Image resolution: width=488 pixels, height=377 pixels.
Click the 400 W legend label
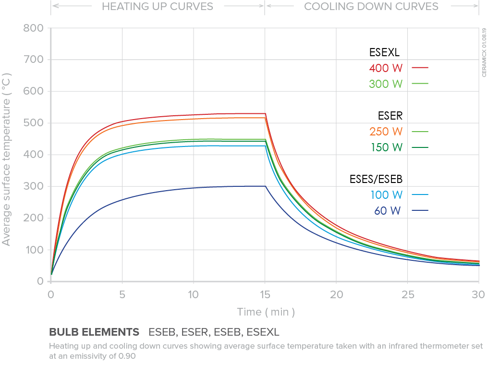click(386, 68)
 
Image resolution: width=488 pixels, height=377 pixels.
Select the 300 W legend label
click(386, 84)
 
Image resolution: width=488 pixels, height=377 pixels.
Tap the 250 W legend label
click(386, 131)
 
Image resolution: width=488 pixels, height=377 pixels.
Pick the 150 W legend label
click(386, 147)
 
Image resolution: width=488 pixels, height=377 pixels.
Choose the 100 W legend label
click(386, 195)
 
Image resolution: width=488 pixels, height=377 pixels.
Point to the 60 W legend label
click(388, 210)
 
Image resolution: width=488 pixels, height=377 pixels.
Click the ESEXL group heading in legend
click(384, 52)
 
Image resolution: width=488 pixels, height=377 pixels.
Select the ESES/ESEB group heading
click(376, 179)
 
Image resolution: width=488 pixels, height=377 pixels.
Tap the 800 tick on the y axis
click(33, 28)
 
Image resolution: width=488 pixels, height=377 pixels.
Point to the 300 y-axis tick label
click(33, 186)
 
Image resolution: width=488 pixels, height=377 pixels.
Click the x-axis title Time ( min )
click(266, 312)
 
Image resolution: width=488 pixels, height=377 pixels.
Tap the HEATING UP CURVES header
click(158, 7)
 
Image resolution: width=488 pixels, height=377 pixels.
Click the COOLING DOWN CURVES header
click(371, 7)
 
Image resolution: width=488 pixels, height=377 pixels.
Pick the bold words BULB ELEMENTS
click(94, 332)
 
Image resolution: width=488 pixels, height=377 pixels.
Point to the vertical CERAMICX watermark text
click(484, 53)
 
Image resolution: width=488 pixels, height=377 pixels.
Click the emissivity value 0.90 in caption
click(127, 356)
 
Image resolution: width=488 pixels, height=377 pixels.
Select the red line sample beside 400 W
click(420, 68)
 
